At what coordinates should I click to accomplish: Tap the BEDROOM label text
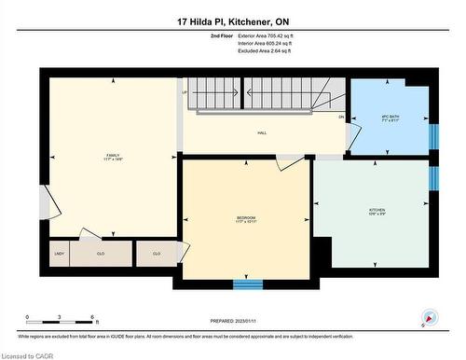[246, 217]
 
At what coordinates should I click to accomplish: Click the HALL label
[263, 133]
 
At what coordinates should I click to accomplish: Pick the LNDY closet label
[59, 253]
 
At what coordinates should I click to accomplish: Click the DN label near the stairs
[341, 117]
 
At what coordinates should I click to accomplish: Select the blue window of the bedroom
[248, 283]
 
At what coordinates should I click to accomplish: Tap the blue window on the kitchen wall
[432, 177]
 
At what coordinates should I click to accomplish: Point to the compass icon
[429, 318]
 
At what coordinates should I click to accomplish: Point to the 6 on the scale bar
[90, 318]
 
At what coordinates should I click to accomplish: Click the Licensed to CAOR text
[30, 353]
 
